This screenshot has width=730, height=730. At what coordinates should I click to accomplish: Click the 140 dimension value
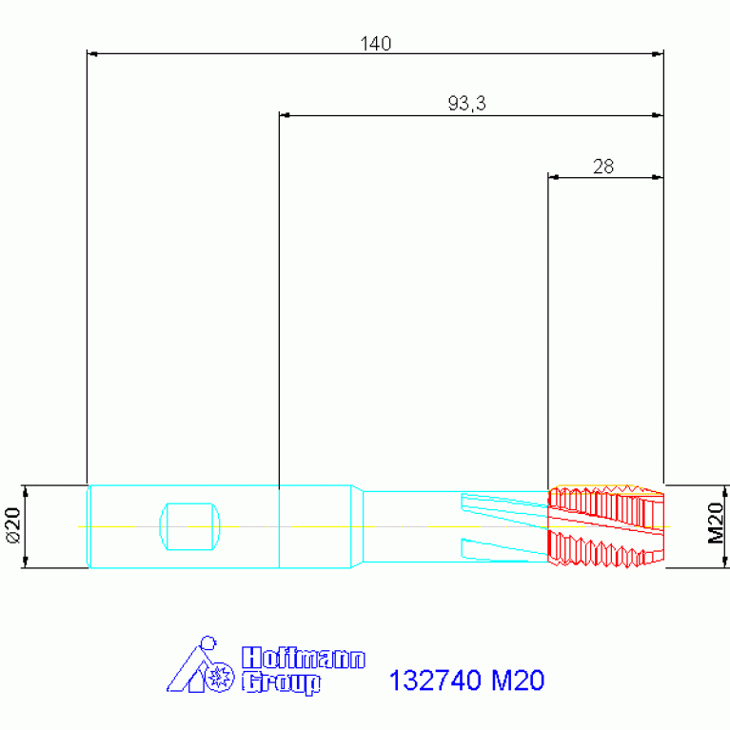pyautogui.click(x=375, y=43)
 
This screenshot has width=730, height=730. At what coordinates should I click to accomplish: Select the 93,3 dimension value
pyautogui.click(x=467, y=104)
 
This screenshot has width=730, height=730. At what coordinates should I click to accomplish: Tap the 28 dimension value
pyautogui.click(x=603, y=167)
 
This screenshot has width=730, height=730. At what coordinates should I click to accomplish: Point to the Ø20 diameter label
pyautogui.click(x=13, y=526)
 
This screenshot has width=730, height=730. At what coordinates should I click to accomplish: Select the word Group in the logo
pyautogui.click(x=282, y=682)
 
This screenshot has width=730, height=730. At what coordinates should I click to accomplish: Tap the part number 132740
pyautogui.click(x=436, y=681)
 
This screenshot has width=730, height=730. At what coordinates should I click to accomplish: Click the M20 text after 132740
pyautogui.click(x=517, y=681)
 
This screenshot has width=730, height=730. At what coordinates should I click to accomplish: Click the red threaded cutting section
pyautogui.click(x=604, y=526)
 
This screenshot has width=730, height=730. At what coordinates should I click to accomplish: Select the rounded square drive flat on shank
pyautogui.click(x=191, y=525)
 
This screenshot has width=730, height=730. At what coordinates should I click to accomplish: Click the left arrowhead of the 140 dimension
pyautogui.click(x=92, y=54)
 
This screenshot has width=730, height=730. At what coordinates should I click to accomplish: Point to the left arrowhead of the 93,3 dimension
pyautogui.click(x=285, y=115)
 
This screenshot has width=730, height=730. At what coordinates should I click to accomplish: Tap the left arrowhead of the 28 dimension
pyautogui.click(x=554, y=177)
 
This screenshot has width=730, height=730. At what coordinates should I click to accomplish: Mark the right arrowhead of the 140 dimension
pyautogui.click(x=658, y=54)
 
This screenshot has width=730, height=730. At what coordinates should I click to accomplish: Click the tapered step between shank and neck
pyautogui.click(x=358, y=526)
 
